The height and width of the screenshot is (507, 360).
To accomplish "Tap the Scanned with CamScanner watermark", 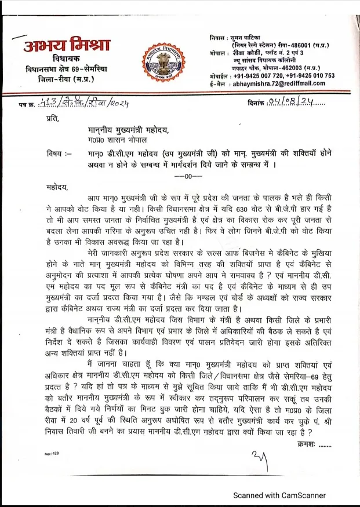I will coord(279,495).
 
